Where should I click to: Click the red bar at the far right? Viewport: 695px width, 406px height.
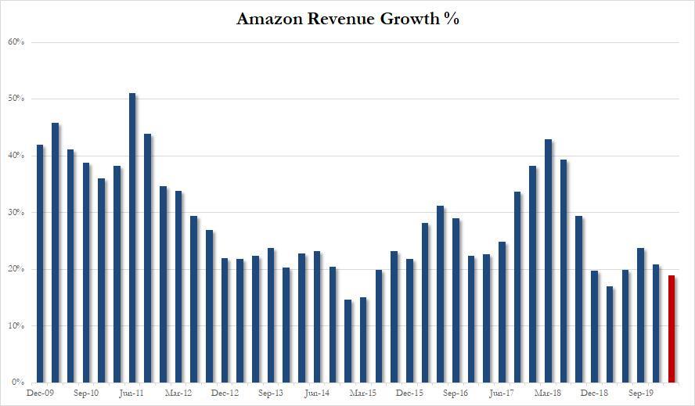tap(672, 329)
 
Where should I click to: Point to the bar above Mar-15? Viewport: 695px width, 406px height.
tap(363, 340)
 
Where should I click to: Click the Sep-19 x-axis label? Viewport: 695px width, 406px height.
tap(640, 394)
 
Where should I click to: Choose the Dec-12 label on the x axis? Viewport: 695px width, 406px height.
tap(225, 394)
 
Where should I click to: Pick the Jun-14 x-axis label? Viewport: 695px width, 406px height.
tap(317, 394)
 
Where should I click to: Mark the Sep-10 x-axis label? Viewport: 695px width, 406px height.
tap(86, 394)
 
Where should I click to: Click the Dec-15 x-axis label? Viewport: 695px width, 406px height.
tap(409, 394)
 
